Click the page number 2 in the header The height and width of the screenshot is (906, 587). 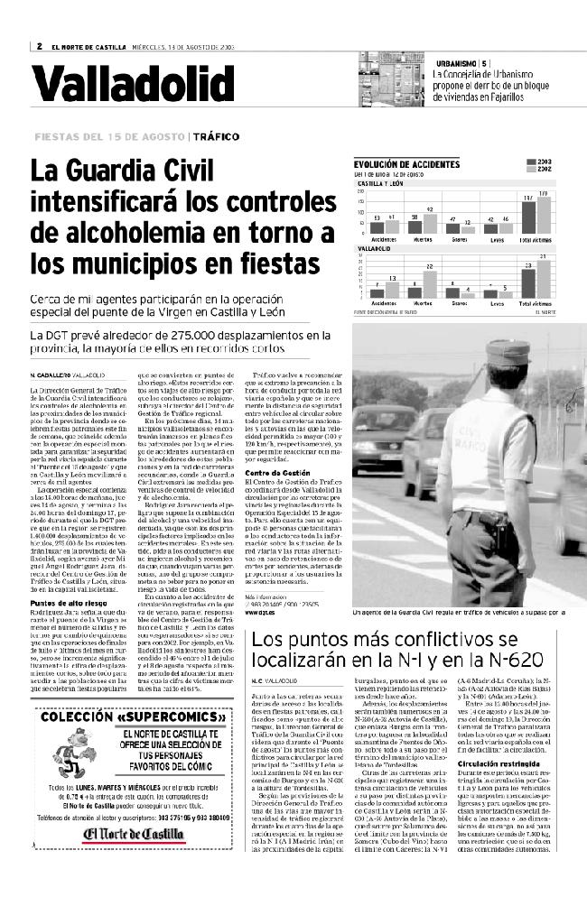point(40,47)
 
